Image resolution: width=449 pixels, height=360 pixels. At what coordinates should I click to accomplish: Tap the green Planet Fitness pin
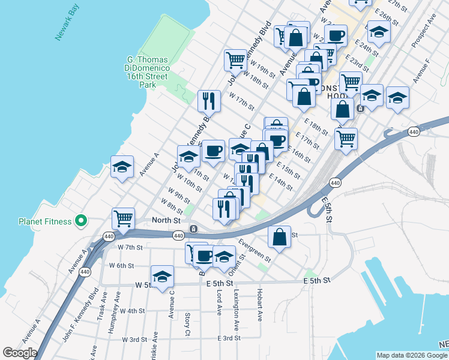pos(82,221)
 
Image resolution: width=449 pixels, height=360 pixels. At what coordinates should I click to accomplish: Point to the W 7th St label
pos(130,247)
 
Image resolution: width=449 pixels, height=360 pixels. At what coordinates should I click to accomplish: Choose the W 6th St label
pos(121,265)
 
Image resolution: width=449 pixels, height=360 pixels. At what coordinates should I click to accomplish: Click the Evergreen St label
pos(255,251)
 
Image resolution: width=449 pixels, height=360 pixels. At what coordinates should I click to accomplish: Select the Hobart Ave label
pos(260,307)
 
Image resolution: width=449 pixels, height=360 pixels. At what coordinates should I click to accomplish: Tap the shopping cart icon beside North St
pos(124,218)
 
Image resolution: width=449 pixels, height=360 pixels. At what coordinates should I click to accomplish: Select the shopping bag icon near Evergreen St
pos(279,236)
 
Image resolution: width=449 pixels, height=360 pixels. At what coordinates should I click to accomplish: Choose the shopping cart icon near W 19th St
pos(235,59)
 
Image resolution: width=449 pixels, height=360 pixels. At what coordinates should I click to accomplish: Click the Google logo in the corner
pos(20,353)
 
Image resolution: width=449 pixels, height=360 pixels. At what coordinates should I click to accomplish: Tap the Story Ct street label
pos(188,323)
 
